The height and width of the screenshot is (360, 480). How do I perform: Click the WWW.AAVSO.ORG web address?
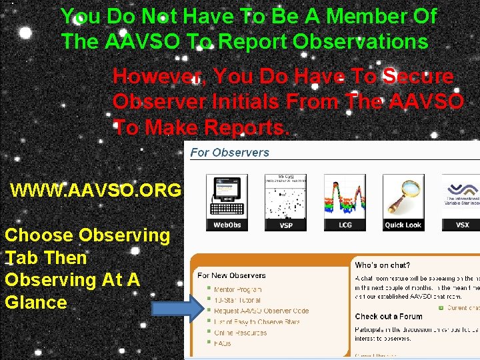[x=96, y=191]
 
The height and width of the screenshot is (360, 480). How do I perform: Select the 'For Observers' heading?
[x=229, y=152]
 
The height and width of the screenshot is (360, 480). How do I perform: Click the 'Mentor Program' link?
[x=238, y=289]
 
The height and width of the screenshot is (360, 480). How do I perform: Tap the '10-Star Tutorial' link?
[x=238, y=300]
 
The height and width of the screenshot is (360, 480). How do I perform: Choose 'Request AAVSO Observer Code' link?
[x=261, y=311]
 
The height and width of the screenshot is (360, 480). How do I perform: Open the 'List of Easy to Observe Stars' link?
[x=257, y=321]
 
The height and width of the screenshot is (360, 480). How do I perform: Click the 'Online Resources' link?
[x=242, y=332]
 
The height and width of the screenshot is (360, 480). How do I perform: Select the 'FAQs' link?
[x=223, y=343]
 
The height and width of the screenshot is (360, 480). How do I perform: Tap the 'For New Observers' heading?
[x=231, y=275]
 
